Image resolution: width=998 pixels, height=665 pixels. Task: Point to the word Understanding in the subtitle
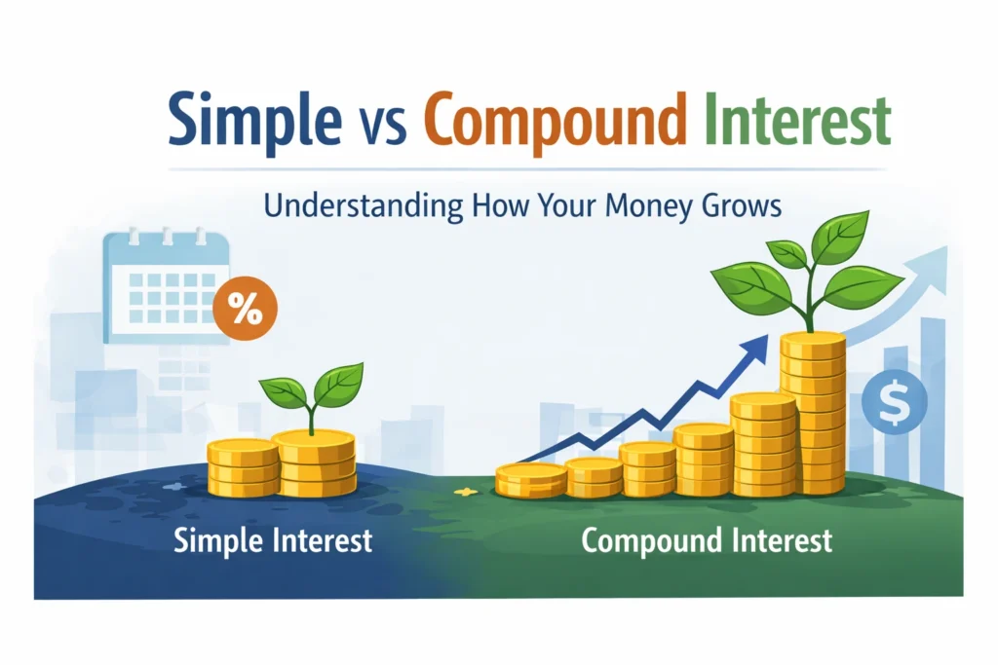(349, 207)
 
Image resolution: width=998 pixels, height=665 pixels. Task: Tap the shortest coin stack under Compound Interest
(531, 480)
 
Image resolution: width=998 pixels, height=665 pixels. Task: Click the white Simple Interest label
(273, 539)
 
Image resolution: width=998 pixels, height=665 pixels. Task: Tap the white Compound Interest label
(707, 539)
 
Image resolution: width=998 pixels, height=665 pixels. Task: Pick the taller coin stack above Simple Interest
(314, 463)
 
